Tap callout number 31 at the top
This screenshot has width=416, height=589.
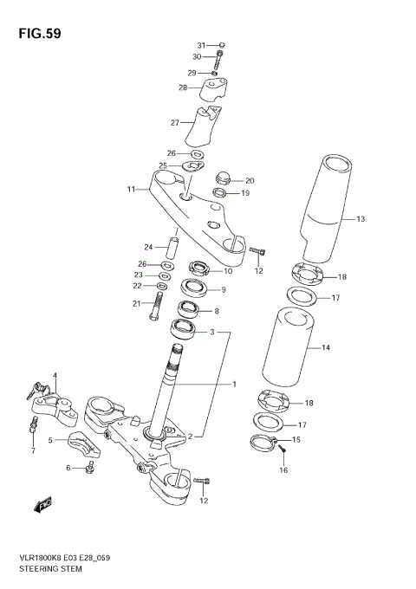tap(200, 45)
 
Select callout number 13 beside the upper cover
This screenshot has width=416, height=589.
tap(361, 218)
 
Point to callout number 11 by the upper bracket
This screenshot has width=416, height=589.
tap(131, 190)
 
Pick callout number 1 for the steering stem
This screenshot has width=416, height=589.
tap(232, 383)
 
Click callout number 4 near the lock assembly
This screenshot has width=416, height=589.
tap(54, 376)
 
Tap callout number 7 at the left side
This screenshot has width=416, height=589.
tap(33, 451)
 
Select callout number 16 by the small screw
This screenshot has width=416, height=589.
tap(283, 470)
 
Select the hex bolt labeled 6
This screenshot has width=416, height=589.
tap(90, 468)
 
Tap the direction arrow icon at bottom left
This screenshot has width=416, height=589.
tap(44, 503)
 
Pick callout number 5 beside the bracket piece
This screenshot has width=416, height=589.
tap(51, 441)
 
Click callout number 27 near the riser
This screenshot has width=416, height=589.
tap(175, 123)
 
